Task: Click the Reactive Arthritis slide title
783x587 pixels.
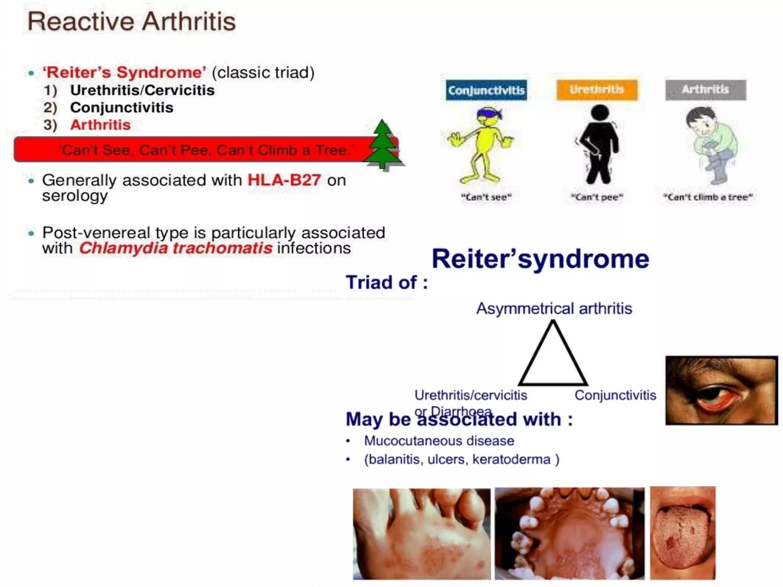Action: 132,21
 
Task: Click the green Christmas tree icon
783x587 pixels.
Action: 382,145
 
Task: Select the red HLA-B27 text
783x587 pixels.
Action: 284,180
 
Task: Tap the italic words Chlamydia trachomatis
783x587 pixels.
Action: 175,248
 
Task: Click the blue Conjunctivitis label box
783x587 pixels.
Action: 486,90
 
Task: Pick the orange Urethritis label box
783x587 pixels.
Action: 597,90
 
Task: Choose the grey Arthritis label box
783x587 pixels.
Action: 705,90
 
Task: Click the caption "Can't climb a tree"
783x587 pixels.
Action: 708,197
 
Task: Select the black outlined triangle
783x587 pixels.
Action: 552,357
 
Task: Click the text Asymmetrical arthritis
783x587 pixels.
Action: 554,308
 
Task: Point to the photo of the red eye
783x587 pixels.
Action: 721,390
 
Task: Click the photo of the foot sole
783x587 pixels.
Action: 421,533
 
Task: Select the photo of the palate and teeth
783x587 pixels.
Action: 569,533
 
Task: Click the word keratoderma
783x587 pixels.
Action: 511,459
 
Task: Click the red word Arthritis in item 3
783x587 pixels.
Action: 100,125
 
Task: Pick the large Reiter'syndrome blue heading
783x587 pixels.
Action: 540,259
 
